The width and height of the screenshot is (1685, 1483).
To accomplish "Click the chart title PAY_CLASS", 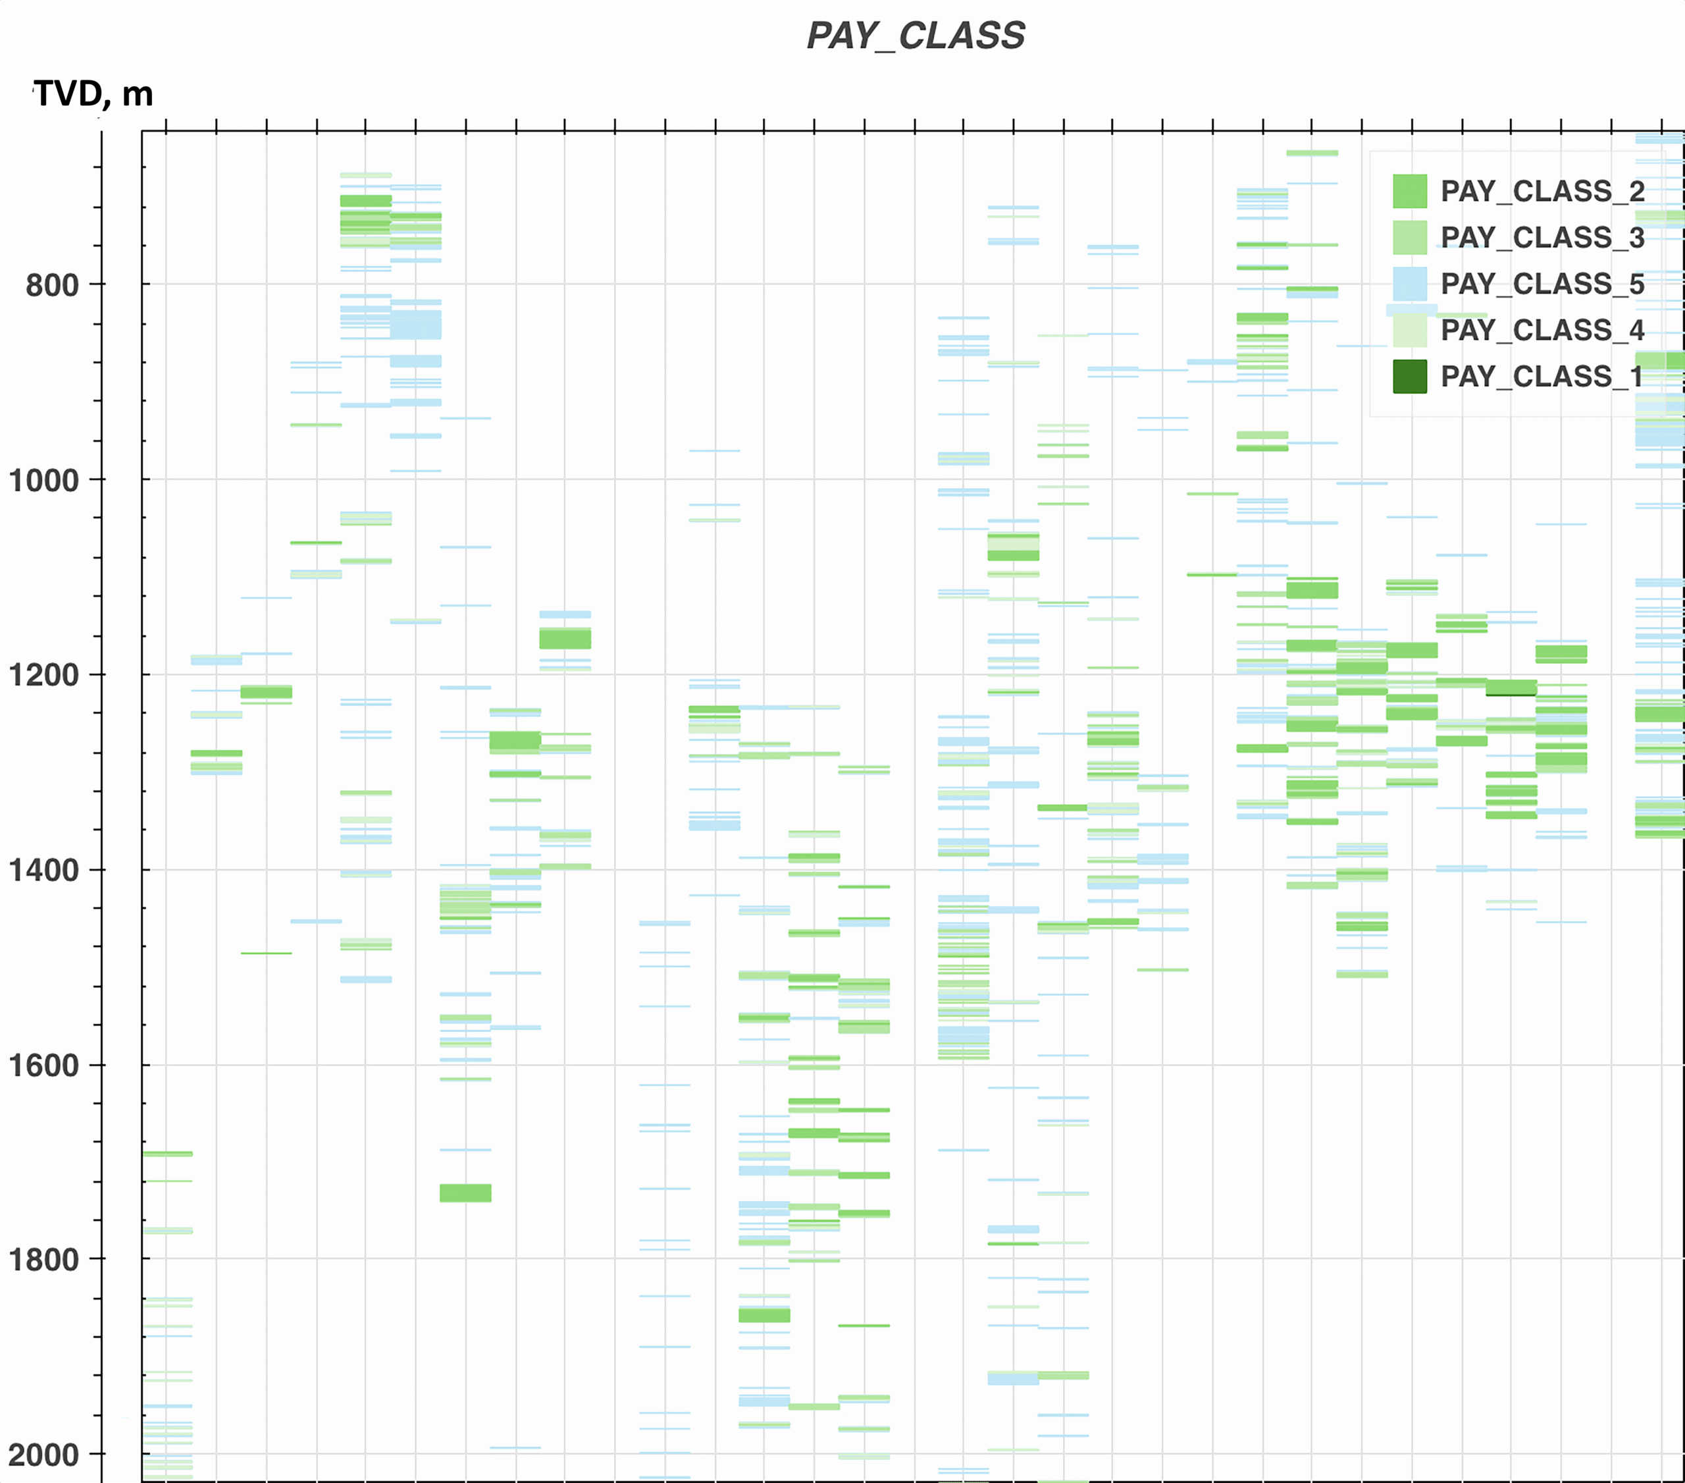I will tap(915, 36).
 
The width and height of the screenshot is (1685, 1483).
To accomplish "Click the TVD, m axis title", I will tap(93, 94).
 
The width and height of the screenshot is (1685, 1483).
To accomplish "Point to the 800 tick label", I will tap(52, 285).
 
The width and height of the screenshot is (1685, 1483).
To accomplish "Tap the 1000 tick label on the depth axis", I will tap(43, 480).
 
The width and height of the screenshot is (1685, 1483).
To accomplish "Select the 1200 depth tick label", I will tap(43, 676).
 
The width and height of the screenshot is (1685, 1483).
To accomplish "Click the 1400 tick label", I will tap(43, 870).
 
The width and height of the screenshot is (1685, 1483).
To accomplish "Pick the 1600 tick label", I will tap(43, 1065).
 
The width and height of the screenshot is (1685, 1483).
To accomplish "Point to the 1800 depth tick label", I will tap(43, 1260).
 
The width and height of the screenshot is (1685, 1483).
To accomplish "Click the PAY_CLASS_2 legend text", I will tap(1542, 192).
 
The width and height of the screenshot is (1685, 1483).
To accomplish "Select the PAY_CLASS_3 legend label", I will tap(1542, 238).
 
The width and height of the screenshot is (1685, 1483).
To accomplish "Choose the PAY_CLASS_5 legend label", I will tap(1542, 284).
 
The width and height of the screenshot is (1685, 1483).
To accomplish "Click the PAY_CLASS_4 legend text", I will tap(1542, 330).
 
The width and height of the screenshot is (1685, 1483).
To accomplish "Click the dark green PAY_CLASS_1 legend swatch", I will tap(1410, 376).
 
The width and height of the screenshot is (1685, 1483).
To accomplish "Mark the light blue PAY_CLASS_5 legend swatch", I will tap(1410, 284).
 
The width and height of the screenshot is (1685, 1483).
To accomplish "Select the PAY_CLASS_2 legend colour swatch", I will tap(1410, 192).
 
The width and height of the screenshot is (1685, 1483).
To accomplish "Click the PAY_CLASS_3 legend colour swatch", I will tap(1410, 238).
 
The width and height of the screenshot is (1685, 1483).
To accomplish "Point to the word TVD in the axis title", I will tap(68, 94).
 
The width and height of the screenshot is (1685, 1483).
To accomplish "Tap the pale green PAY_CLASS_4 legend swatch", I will tap(1410, 330).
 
